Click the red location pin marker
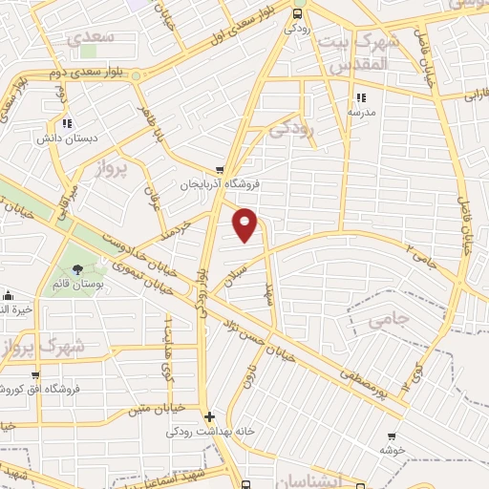coord(246,223)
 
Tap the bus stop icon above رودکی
coord(297,13)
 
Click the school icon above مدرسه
coord(361,97)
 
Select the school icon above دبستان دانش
coord(67,122)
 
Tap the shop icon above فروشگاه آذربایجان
coord(221,170)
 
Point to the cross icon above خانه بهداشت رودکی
coord(210,416)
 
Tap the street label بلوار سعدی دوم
coord(84,73)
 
